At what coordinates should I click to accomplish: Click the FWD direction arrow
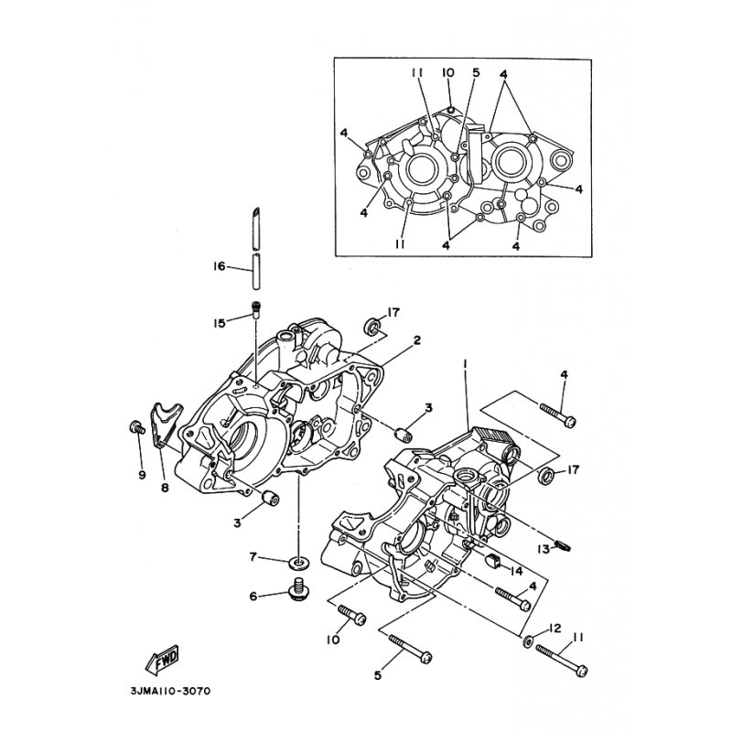pyautogui.click(x=163, y=659)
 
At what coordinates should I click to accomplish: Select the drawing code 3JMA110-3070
pyautogui.click(x=171, y=691)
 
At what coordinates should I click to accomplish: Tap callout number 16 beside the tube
pyautogui.click(x=220, y=266)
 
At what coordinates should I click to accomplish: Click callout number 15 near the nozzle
pyautogui.click(x=220, y=323)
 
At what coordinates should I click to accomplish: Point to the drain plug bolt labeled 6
pyautogui.click(x=298, y=589)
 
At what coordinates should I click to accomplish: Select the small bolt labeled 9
pyautogui.click(x=137, y=427)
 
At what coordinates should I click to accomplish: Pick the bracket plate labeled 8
pyautogui.click(x=165, y=424)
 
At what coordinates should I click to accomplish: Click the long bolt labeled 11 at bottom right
pyautogui.click(x=562, y=661)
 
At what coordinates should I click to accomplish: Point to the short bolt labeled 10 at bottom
pyautogui.click(x=352, y=615)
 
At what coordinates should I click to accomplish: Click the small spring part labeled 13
pyautogui.click(x=563, y=545)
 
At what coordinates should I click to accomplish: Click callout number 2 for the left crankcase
pyautogui.click(x=417, y=339)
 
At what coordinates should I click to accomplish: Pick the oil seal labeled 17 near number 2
pyautogui.click(x=372, y=326)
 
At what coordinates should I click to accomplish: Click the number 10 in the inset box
pyautogui.click(x=447, y=72)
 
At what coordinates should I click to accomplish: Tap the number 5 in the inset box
pyautogui.click(x=476, y=72)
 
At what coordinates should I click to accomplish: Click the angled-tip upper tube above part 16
pyautogui.click(x=256, y=229)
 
